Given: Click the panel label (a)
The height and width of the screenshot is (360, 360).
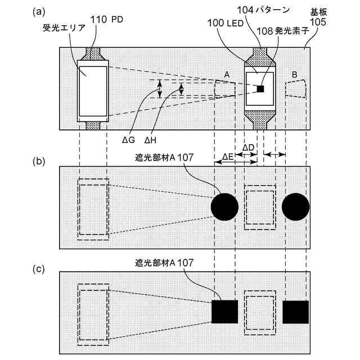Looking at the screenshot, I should point(39,11).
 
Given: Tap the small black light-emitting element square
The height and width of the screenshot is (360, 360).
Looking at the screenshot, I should point(260,88).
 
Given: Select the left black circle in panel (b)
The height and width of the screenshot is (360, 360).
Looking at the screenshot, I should point(225,208).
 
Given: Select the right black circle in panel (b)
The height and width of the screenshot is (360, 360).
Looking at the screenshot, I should point(295,208).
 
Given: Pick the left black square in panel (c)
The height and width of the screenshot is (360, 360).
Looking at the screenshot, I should point(225,312).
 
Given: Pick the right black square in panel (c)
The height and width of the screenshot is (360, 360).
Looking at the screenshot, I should point(296,312).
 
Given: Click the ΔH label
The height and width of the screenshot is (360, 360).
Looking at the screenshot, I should point(150,138).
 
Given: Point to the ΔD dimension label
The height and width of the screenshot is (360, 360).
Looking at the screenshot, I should point(249,147).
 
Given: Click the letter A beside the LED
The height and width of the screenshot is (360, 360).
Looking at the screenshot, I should point(226,74).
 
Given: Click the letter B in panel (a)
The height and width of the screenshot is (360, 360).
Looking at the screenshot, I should point(295,74).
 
